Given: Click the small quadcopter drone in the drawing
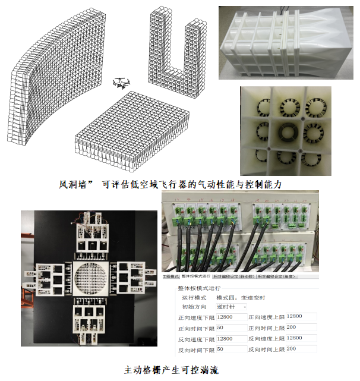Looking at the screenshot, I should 123,83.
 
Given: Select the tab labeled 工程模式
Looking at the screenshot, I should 170,276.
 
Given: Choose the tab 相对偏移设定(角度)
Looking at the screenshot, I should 277,276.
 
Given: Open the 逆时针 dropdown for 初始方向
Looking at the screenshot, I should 232,307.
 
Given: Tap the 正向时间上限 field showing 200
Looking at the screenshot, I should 301,328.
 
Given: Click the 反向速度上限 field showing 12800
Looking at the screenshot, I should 301,338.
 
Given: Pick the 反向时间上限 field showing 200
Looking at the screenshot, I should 301,349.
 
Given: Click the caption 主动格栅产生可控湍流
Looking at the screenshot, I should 172,370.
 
